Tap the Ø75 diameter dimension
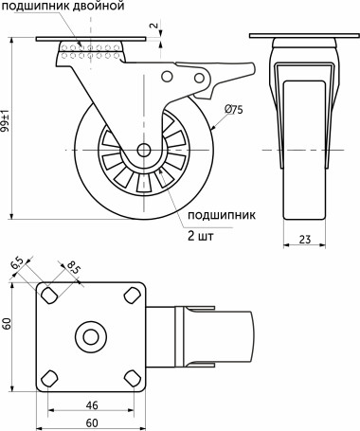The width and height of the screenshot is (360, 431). click(x=235, y=110)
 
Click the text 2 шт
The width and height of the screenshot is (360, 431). click(x=200, y=237)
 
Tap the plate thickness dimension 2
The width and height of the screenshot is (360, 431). click(x=154, y=25)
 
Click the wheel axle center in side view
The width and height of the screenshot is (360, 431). click(x=143, y=151)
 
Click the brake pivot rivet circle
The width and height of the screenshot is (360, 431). click(x=170, y=79)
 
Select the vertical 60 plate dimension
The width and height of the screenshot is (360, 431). click(x=8, y=324)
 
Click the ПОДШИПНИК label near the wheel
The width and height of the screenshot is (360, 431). click(x=215, y=215)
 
